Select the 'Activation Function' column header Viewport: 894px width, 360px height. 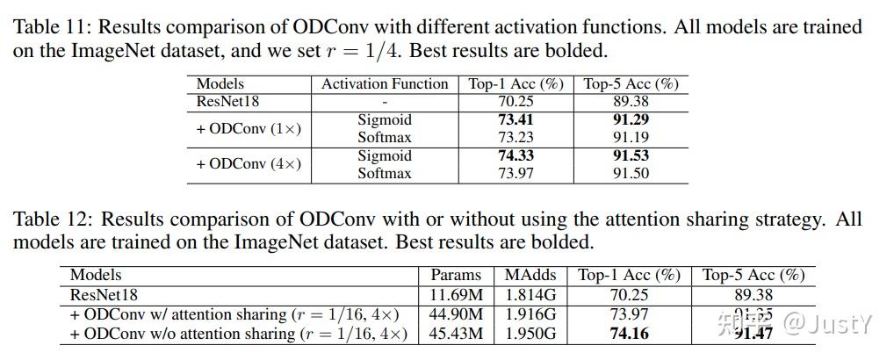pos(385,84)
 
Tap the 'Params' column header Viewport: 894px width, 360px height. pos(457,275)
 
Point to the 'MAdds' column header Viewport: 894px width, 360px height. pos(530,275)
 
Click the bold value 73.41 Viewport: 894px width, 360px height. pos(515,119)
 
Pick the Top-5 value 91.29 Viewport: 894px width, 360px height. pos(631,119)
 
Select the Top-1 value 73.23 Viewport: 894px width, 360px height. pos(515,138)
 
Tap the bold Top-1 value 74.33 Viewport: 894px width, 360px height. pos(515,155)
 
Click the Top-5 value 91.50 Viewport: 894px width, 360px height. pos(631,174)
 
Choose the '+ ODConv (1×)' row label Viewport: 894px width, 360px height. pos(249,128)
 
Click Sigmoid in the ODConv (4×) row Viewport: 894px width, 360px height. pos(385,155)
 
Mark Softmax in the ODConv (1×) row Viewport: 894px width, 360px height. pos(385,138)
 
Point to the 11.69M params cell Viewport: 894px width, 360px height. pos(457,295)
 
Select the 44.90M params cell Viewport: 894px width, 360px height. pos(457,314)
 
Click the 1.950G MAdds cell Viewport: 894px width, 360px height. pos(530,334)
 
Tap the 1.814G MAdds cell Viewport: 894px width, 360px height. pos(530,295)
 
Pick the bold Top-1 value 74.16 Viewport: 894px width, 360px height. pos(629,334)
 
